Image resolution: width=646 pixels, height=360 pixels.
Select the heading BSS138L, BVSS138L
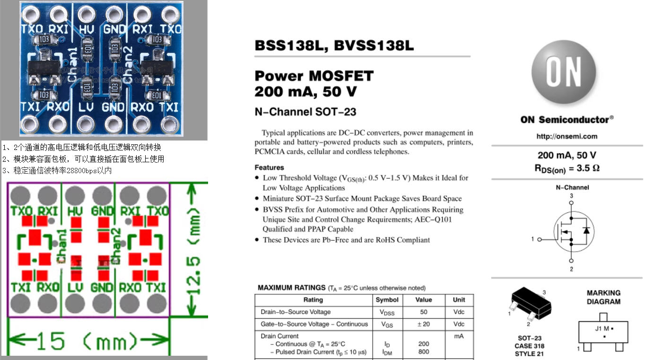334,46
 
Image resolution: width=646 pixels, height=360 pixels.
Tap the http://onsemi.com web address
567,136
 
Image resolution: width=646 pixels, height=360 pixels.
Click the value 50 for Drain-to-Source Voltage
423,312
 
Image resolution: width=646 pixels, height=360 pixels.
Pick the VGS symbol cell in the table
386,325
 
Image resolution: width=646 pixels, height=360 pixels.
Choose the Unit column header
459,300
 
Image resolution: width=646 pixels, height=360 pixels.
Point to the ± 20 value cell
423,325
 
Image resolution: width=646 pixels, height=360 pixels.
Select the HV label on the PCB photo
87,29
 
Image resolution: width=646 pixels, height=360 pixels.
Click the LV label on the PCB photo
87,107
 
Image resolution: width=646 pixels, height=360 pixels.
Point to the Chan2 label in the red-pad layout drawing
116,246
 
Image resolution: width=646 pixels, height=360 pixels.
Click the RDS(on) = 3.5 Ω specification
567,168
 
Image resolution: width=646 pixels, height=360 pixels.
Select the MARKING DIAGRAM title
603,297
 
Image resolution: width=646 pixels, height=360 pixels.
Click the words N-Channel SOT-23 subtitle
306,112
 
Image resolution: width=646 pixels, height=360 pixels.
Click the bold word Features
269,167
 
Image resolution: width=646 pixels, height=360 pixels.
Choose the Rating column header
313,300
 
